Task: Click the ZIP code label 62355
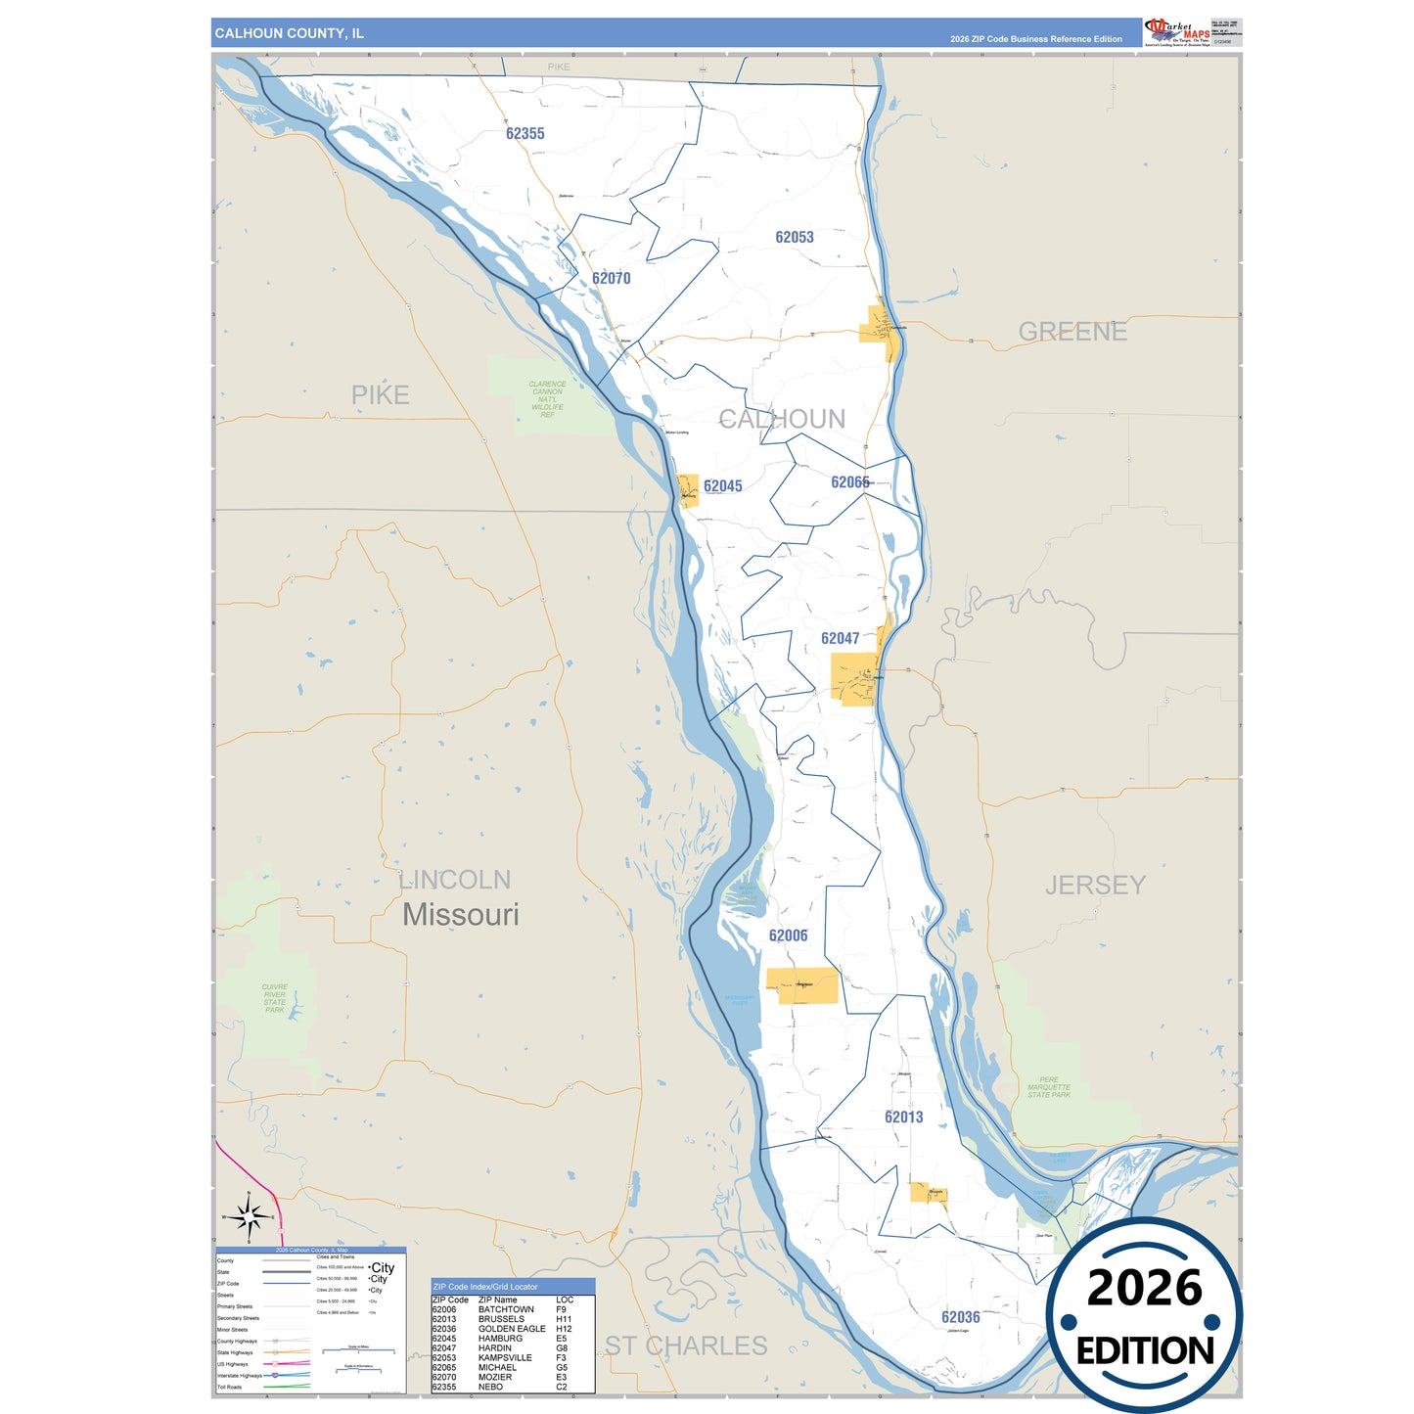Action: tap(525, 133)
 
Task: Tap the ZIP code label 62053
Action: tap(795, 237)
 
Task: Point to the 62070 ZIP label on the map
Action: tap(612, 278)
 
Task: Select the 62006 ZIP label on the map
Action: tap(789, 935)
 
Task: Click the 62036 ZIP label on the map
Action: tap(961, 1317)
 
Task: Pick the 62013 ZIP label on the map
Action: tap(904, 1117)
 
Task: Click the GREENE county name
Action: tap(1072, 332)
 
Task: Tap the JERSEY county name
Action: tap(1095, 885)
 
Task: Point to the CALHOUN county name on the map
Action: tap(782, 419)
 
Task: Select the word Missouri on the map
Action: tap(461, 915)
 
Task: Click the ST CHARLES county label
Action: tap(686, 1346)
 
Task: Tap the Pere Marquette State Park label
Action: tap(1049, 1087)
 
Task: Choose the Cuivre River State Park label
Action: tap(275, 998)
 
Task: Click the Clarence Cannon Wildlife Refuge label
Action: tap(547, 399)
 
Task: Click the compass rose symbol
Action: tap(249, 1218)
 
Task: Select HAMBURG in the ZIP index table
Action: tap(500, 1339)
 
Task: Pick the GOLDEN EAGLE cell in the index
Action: tap(512, 1329)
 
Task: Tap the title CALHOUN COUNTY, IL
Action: tap(290, 33)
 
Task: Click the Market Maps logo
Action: tap(1178, 31)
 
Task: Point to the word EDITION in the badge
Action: tap(1145, 1351)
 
